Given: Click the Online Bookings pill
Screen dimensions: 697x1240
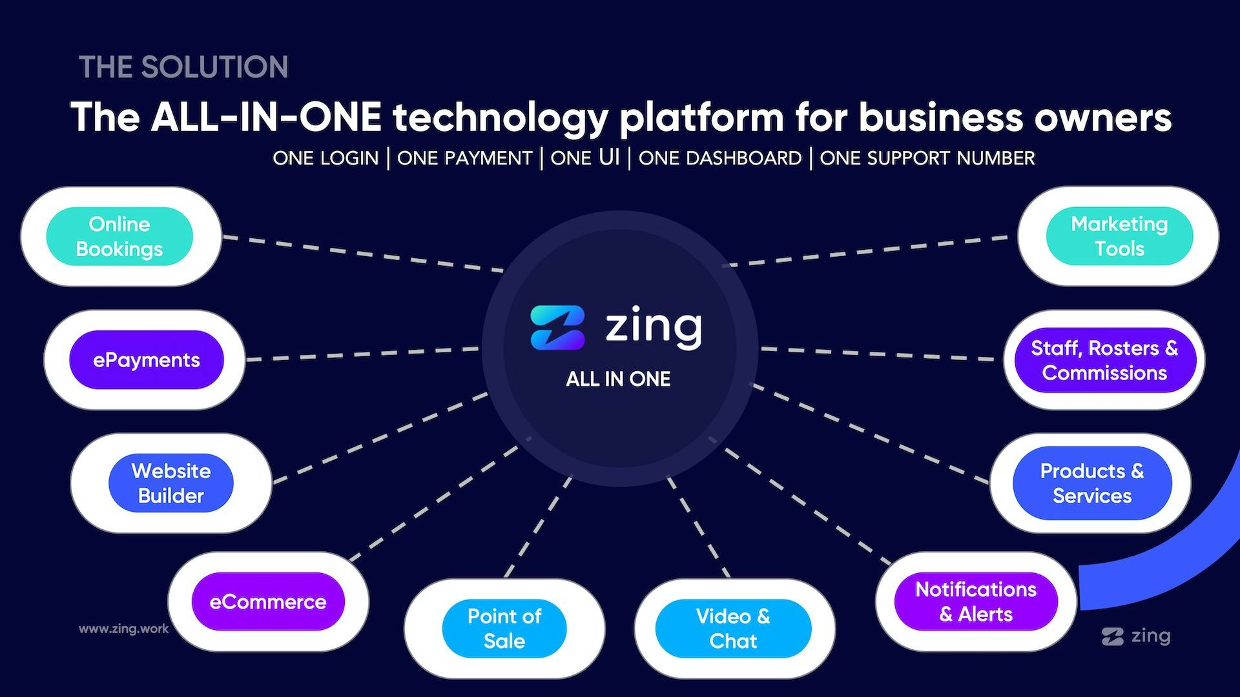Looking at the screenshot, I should click(119, 236).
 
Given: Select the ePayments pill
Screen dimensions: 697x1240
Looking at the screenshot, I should click(147, 359).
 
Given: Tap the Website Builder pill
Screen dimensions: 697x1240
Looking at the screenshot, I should click(171, 483).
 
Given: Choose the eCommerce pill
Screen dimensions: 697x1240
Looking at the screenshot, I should click(268, 601).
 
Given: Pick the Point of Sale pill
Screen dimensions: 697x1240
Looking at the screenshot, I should click(504, 629).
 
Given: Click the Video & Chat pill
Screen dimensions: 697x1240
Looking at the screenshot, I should click(733, 629).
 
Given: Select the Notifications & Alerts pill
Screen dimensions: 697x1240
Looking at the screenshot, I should click(976, 601).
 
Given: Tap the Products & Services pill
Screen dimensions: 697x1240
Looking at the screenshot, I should click(1092, 483).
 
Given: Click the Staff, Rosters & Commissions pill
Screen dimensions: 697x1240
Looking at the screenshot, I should click(1104, 359).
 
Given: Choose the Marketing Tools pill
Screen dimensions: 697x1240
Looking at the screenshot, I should click(1119, 236).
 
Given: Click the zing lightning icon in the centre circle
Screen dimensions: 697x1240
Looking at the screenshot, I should click(557, 328).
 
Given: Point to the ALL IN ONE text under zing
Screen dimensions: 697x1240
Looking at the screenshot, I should click(618, 379).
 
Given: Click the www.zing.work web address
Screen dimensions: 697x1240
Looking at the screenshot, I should click(123, 629).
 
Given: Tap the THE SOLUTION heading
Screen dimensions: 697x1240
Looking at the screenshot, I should click(183, 67).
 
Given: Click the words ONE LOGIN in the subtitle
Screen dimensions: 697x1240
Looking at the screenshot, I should click(325, 158).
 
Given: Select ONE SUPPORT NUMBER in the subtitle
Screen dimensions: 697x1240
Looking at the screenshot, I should click(927, 158).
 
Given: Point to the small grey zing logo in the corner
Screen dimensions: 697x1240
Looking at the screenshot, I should click(1136, 636).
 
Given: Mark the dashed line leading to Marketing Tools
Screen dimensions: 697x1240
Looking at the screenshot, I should click(865, 251).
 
